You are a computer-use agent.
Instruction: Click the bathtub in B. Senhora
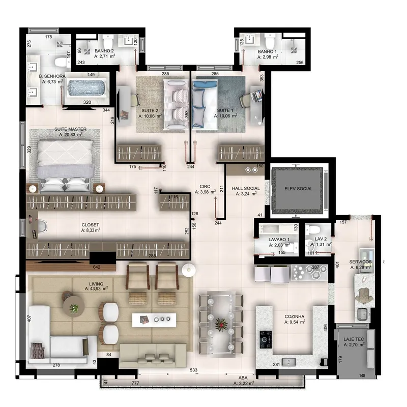(x=87, y=88)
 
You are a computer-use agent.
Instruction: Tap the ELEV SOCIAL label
(x=299, y=189)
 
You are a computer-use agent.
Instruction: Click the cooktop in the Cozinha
(x=266, y=339)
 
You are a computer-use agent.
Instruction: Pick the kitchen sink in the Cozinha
(x=288, y=362)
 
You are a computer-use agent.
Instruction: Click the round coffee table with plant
(x=74, y=306)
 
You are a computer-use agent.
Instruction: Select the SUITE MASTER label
(x=70, y=129)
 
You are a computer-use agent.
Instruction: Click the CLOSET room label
(x=90, y=225)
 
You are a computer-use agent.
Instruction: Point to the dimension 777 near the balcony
(x=135, y=383)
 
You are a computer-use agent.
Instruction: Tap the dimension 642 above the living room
(x=96, y=267)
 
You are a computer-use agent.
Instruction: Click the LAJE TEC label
(x=354, y=339)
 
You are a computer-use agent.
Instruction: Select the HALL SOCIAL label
(x=246, y=188)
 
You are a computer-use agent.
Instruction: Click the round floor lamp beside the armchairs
(x=189, y=270)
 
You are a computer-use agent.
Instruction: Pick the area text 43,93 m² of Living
(x=96, y=288)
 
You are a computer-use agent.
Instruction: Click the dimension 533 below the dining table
(x=194, y=370)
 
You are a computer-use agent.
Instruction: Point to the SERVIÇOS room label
(x=360, y=262)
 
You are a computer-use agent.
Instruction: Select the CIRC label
(x=205, y=186)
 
